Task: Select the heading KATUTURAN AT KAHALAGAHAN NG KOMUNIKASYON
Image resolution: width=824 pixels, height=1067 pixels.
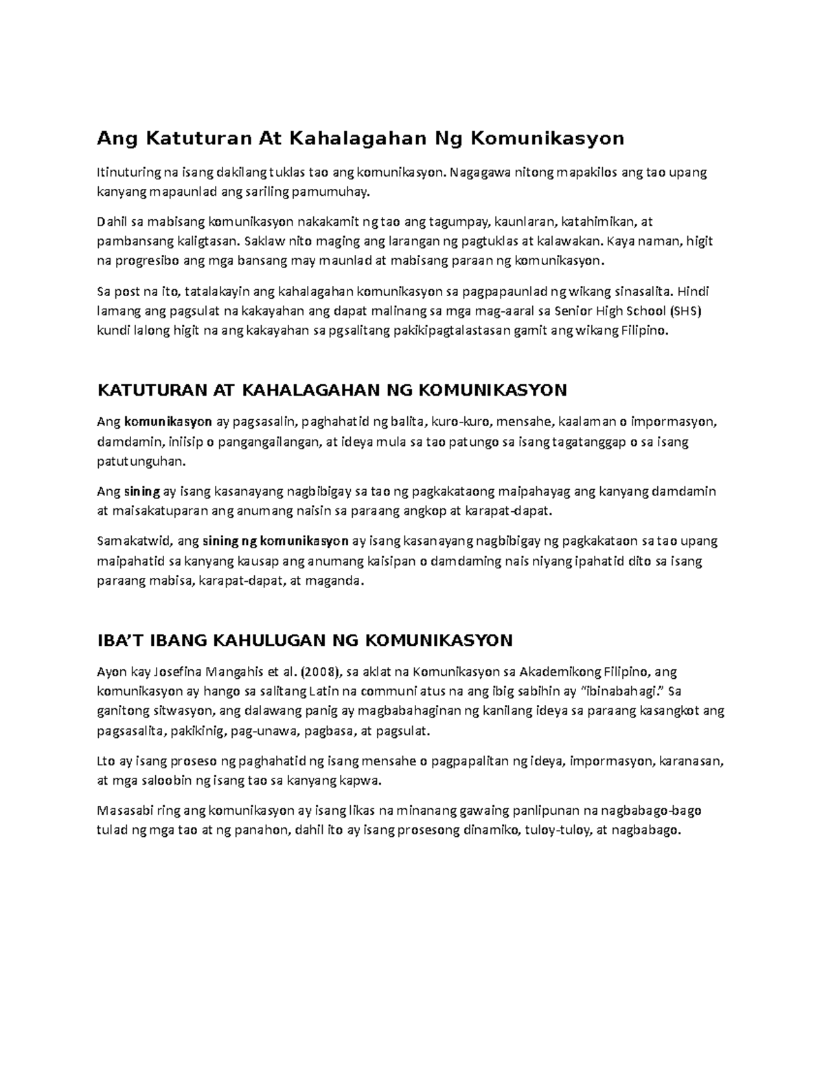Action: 332,390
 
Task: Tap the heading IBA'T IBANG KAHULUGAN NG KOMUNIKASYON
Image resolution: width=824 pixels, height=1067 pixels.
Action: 306,640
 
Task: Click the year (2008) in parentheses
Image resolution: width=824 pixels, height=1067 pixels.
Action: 321,671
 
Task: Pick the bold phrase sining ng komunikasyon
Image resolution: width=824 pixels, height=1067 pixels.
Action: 276,541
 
